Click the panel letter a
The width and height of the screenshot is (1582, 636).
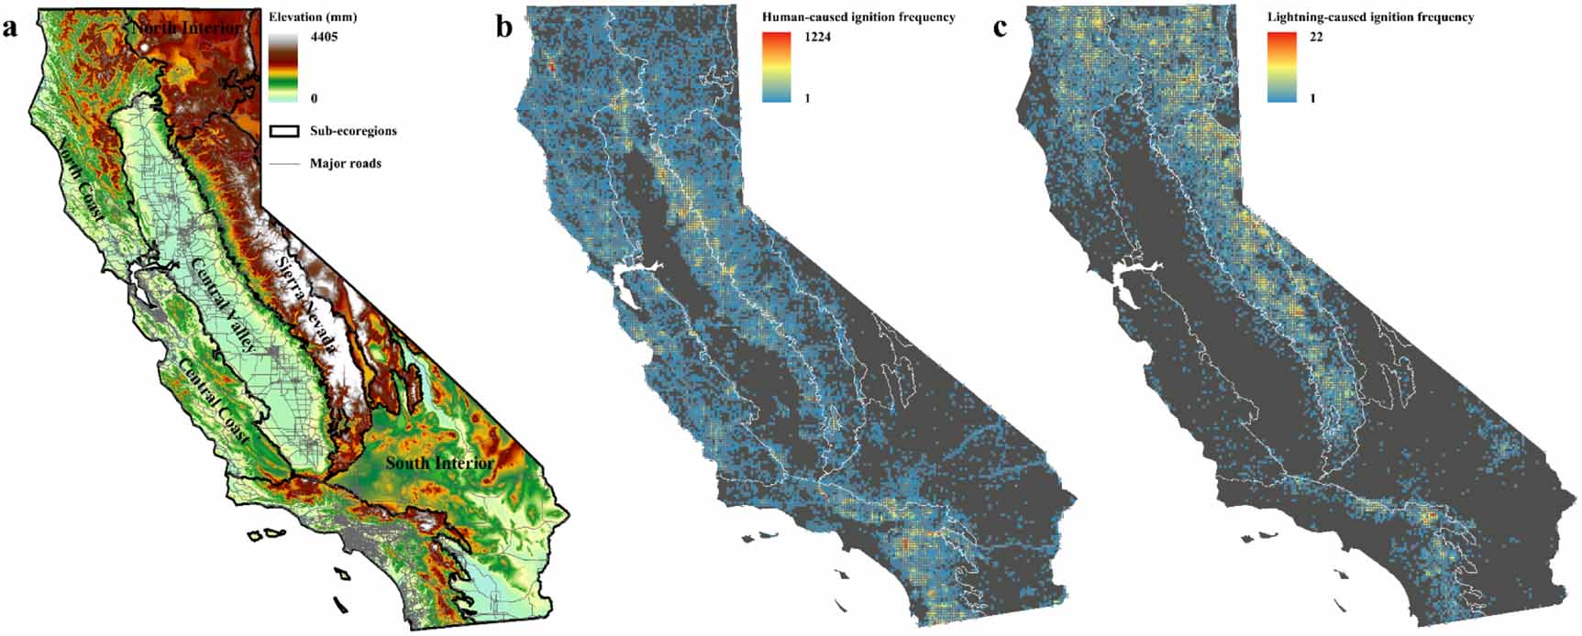[11, 27]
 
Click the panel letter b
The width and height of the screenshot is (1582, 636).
[504, 27]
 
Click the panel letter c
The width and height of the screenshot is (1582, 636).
[1000, 27]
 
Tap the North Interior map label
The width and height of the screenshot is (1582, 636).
[187, 28]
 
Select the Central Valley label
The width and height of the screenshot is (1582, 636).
[224, 305]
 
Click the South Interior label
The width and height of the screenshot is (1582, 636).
[439, 463]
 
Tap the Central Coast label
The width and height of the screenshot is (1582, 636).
[213, 400]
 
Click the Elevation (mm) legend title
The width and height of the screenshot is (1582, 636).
[313, 17]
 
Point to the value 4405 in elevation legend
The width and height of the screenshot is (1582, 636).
[324, 38]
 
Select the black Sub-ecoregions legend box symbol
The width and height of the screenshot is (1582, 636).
[284, 131]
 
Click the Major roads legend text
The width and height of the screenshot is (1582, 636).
[345, 164]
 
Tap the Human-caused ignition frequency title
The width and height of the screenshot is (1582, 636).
[858, 17]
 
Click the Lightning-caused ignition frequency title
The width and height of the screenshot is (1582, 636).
[1370, 17]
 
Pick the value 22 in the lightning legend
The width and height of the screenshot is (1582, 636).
[1315, 38]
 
